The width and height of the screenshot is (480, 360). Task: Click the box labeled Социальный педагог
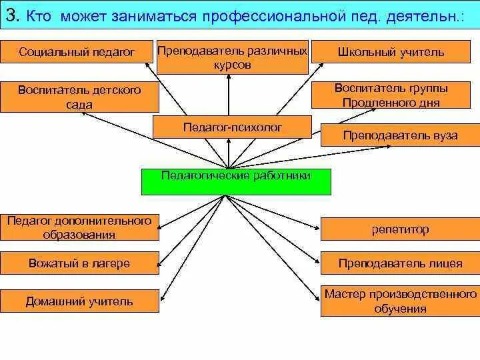click(77, 51)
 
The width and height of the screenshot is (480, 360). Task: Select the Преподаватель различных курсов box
click(232, 58)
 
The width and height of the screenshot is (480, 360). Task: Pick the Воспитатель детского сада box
click(79, 97)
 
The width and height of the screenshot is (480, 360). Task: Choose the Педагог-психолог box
click(232, 127)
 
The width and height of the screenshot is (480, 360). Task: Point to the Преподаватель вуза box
click(400, 135)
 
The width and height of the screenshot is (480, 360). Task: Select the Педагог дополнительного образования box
click(79, 227)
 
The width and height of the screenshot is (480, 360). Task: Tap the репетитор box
click(400, 229)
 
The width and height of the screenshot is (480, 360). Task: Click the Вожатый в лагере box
click(79, 263)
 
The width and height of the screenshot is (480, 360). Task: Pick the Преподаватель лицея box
click(400, 263)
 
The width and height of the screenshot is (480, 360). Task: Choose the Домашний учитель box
click(79, 301)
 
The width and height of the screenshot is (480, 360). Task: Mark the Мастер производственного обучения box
click(400, 301)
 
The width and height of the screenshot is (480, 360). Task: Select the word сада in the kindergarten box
click(79, 105)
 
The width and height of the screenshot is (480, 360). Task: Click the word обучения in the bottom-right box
click(400, 309)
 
